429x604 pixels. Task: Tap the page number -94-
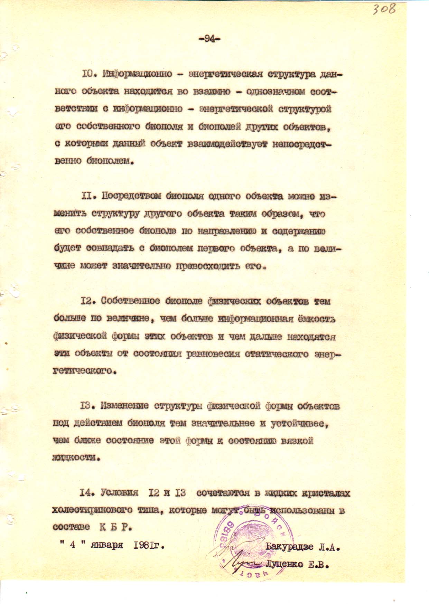pos(209,39)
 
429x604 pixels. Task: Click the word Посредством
pos(131,196)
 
